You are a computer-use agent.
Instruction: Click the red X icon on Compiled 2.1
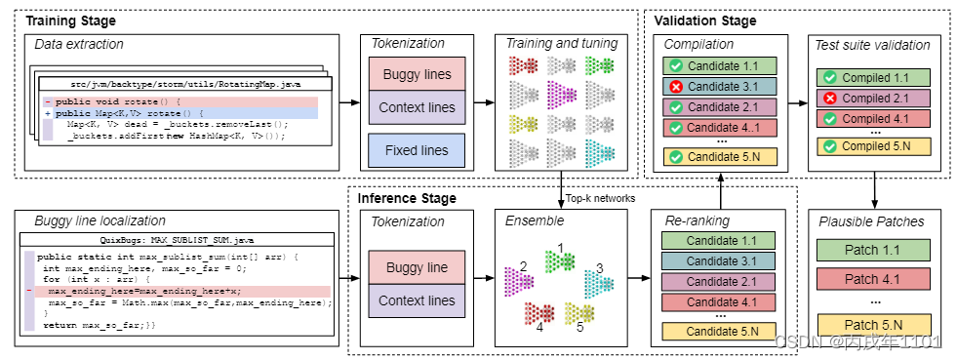point(827,99)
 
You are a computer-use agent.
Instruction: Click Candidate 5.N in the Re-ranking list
point(721,331)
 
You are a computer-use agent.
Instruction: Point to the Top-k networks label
point(598,196)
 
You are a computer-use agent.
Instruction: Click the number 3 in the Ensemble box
point(600,267)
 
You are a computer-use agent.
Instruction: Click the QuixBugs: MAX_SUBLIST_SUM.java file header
point(178,238)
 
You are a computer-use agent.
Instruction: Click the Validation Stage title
point(704,20)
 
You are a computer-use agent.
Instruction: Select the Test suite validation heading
point(871,44)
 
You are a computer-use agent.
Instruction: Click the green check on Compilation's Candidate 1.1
point(674,65)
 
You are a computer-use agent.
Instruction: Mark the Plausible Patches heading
point(871,221)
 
